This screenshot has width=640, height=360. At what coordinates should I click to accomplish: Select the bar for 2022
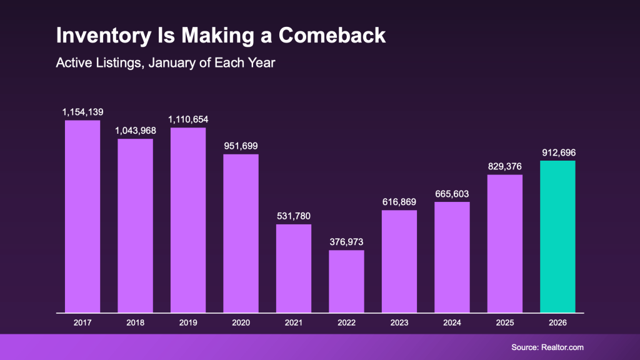(346, 281)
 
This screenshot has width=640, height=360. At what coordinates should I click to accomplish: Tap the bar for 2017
(82, 216)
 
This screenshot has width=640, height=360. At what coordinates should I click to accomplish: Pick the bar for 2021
(294, 268)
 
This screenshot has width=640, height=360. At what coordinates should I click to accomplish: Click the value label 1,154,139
(82, 112)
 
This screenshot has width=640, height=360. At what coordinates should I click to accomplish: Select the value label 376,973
(346, 242)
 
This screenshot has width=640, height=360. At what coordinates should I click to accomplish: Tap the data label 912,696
(557, 152)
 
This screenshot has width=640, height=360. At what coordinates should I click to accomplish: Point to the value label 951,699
(241, 146)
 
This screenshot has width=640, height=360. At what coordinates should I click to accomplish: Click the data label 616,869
(399, 202)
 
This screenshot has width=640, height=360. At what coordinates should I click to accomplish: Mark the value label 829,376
(504, 166)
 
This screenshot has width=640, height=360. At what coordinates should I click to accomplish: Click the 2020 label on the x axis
(241, 323)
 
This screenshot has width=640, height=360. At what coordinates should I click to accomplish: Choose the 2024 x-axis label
(452, 323)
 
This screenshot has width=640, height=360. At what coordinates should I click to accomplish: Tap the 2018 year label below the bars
(135, 323)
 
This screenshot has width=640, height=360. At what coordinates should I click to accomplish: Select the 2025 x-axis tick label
(504, 323)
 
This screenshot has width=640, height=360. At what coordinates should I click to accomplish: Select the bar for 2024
(452, 257)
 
